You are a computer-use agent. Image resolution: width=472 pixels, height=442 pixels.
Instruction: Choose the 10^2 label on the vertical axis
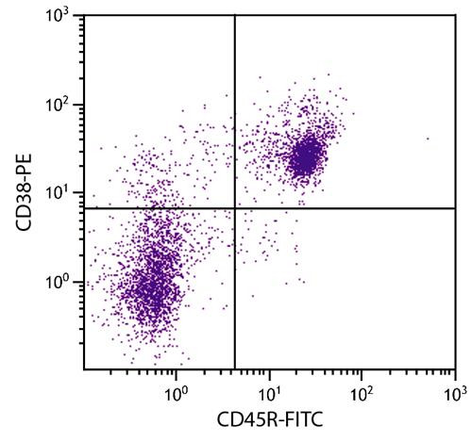coord(61,106)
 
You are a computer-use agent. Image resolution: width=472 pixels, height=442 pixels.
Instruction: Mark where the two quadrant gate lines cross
coord(234,207)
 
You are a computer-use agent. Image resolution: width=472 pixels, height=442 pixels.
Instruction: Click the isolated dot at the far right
coord(427,139)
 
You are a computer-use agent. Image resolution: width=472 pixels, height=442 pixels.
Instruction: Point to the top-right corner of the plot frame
coord(455,18)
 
